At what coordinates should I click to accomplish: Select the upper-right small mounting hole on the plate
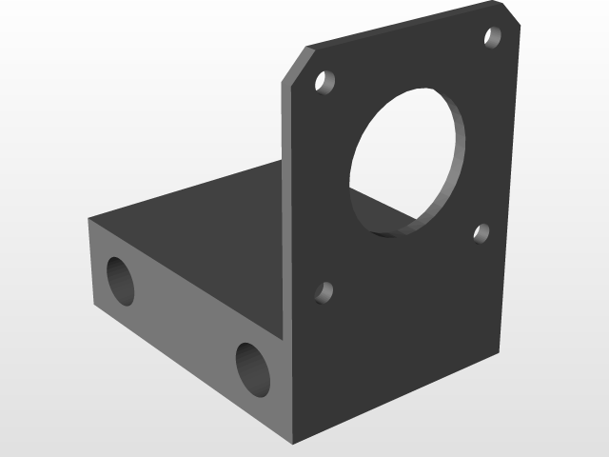(493, 37)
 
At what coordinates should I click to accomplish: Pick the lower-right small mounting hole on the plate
(481, 233)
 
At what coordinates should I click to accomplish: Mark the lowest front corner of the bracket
(294, 441)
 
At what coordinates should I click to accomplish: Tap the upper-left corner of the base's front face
(89, 220)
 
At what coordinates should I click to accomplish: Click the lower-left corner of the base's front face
(94, 307)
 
